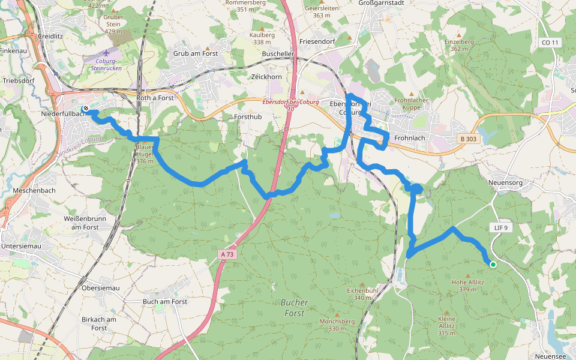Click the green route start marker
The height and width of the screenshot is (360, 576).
[x=493, y=265]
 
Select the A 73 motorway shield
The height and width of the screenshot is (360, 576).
[x=227, y=254]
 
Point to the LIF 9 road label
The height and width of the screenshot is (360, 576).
[x=501, y=228]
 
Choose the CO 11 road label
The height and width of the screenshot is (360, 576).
[x=549, y=43]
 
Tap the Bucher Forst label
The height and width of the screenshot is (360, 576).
[x=295, y=307]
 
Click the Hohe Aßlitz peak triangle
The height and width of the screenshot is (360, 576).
[x=469, y=276]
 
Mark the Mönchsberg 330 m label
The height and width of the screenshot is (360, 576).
[x=337, y=325]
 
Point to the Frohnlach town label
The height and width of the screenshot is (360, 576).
[x=410, y=137]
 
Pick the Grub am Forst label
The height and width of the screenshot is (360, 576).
[x=196, y=53]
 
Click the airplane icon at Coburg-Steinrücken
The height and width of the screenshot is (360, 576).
[x=107, y=53]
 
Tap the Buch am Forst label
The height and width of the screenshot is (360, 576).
[x=165, y=302]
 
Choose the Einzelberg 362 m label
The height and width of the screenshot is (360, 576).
[x=459, y=45]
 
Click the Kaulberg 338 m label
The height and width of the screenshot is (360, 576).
[x=263, y=38]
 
